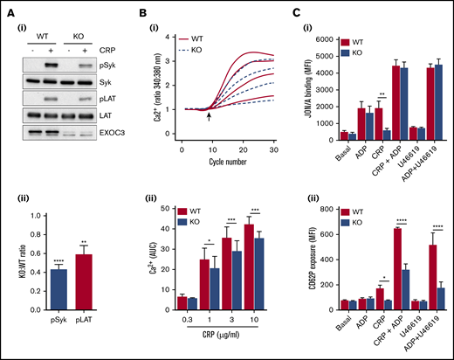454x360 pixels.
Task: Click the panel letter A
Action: [8, 9]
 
